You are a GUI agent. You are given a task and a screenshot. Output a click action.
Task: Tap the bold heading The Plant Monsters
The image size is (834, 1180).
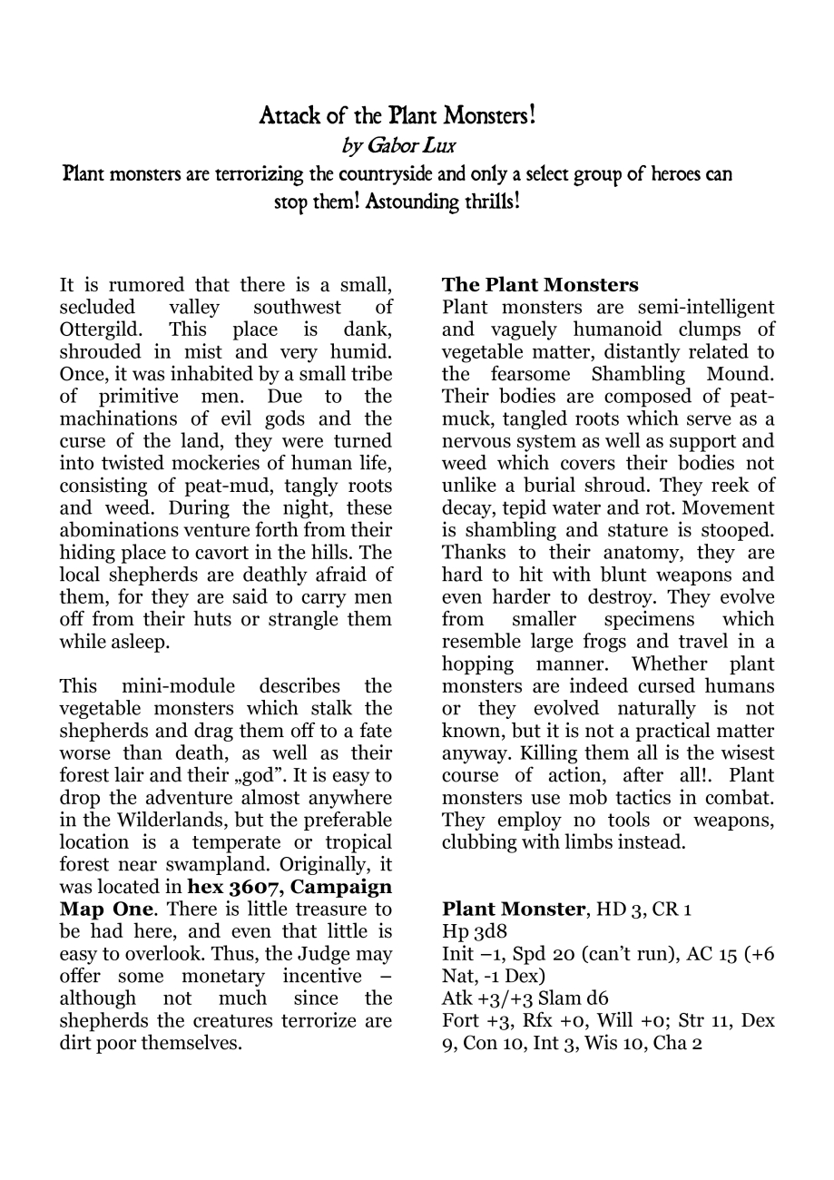click(x=540, y=286)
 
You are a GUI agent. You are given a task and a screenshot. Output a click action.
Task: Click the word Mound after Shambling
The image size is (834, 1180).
click(x=739, y=374)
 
